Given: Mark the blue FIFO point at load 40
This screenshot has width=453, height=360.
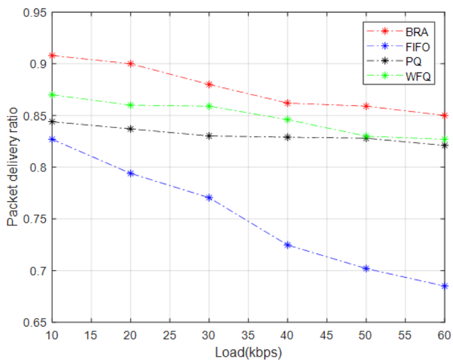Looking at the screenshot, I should pos(288,245).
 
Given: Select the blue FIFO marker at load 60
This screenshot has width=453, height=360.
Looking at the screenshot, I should pos(445,286).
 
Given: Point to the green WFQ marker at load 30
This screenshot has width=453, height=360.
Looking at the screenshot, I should pos(209,106).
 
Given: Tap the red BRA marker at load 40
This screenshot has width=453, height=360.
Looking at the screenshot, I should pos(288,103).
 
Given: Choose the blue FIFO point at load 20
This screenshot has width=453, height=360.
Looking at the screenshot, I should pos(131,173).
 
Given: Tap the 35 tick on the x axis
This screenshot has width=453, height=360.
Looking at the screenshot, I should pos(248,335).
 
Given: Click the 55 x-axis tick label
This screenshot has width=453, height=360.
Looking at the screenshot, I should pos(405,335).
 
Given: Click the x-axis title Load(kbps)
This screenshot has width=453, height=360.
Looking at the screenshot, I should pos(248,351).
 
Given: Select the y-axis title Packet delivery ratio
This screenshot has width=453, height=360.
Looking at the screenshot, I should pos(12,168).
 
